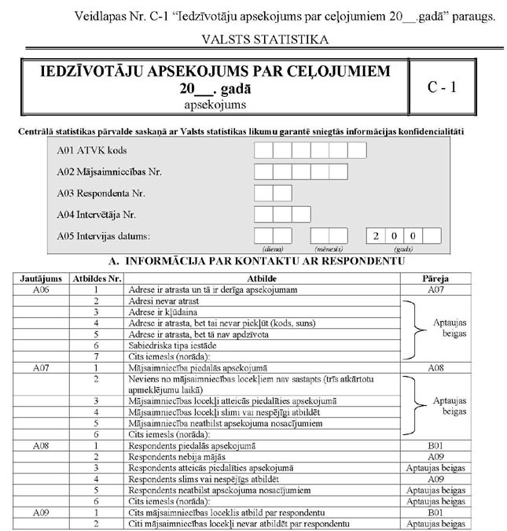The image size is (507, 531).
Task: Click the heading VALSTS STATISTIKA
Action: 253,38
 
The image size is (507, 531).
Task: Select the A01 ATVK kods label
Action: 93,149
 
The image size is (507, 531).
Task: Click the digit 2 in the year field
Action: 376,235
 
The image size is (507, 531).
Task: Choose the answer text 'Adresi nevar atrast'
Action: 162,301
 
